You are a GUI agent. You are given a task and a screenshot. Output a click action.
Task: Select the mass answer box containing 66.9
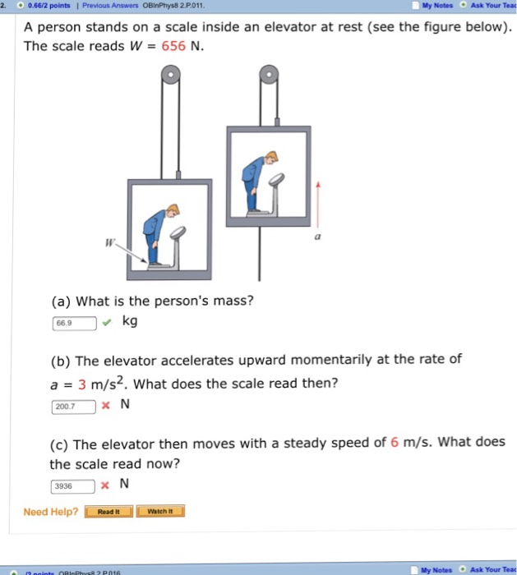[x=74, y=323]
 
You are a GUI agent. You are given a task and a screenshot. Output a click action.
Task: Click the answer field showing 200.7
[x=74, y=406]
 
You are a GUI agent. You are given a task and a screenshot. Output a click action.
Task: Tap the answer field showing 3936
[x=74, y=485]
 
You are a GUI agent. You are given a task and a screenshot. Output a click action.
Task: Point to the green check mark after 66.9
[x=108, y=322]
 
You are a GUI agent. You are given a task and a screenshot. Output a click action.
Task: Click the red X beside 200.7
[x=107, y=406]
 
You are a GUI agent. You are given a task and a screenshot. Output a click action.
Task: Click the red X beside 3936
[x=106, y=485]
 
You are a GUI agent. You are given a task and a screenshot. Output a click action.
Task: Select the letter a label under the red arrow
[x=316, y=236]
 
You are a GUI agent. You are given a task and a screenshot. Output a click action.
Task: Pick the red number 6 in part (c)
[x=395, y=443]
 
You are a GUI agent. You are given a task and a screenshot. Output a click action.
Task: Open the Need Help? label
[x=51, y=512]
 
